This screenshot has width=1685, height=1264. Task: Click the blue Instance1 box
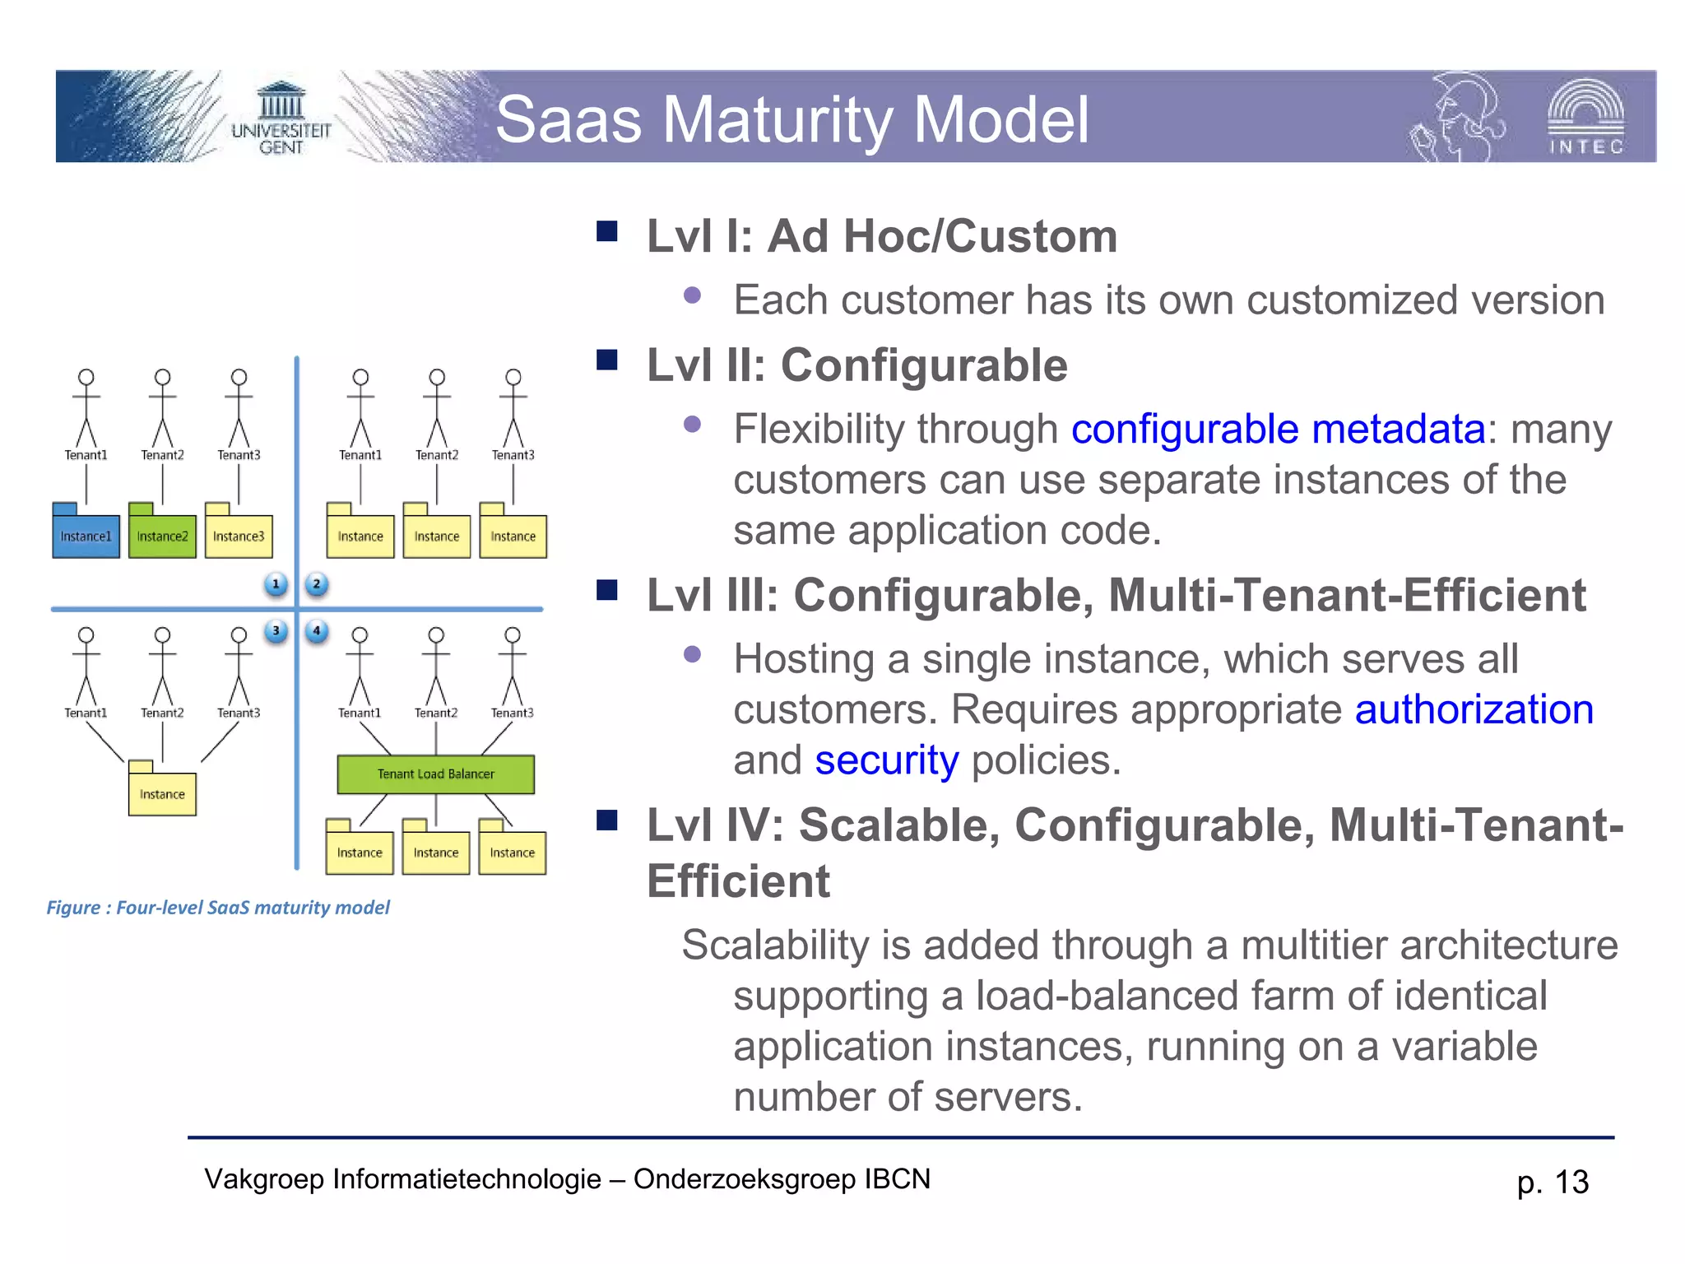point(86,536)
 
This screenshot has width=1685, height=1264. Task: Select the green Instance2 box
point(162,536)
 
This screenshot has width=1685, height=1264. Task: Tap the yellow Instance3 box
point(239,536)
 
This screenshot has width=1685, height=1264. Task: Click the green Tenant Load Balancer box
point(435,774)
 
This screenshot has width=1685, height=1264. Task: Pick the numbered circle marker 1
point(276,584)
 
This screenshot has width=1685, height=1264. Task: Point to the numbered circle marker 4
point(316,631)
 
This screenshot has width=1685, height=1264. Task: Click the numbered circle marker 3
point(276,631)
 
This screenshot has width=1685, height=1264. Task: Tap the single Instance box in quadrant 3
point(162,793)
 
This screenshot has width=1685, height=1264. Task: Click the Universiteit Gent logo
point(281,119)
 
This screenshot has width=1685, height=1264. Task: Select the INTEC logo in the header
point(1585,118)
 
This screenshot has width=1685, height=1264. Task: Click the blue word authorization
point(1474,709)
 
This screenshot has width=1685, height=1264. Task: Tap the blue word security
point(886,760)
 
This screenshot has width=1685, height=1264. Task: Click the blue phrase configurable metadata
point(1278,430)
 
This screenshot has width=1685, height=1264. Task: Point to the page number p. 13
point(1553,1182)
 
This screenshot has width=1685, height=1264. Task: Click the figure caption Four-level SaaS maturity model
point(218,908)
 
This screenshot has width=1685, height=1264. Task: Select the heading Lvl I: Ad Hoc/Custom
point(881,236)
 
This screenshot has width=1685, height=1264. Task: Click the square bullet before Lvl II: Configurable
point(607,360)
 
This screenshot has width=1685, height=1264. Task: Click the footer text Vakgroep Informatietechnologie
point(402,1179)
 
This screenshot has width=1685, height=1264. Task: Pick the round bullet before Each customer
point(692,295)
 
